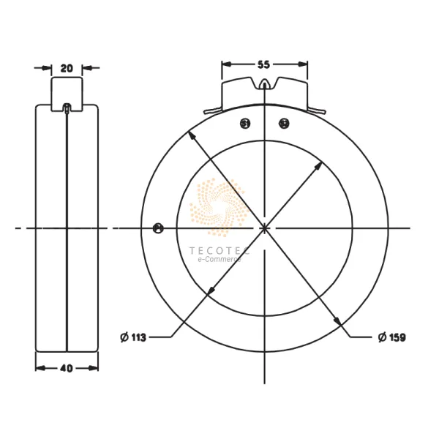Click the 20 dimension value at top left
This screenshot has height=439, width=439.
coord(67,68)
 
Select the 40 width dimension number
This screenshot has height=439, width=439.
coord(67,368)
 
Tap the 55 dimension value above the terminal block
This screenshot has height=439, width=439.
coord(264,64)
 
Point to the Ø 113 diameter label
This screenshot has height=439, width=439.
coord(133,337)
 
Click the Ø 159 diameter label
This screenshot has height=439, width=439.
coord(392,337)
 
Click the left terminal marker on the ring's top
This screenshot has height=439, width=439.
coord(246,124)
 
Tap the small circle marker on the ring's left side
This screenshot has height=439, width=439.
coord(158,228)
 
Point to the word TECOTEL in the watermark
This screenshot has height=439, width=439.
coord(219,249)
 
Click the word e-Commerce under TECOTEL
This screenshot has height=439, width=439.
coord(219,259)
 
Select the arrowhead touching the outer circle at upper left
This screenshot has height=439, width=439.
coord(192,135)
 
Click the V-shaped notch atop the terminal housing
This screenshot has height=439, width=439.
coord(265,85)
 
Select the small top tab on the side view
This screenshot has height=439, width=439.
coord(67,91)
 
